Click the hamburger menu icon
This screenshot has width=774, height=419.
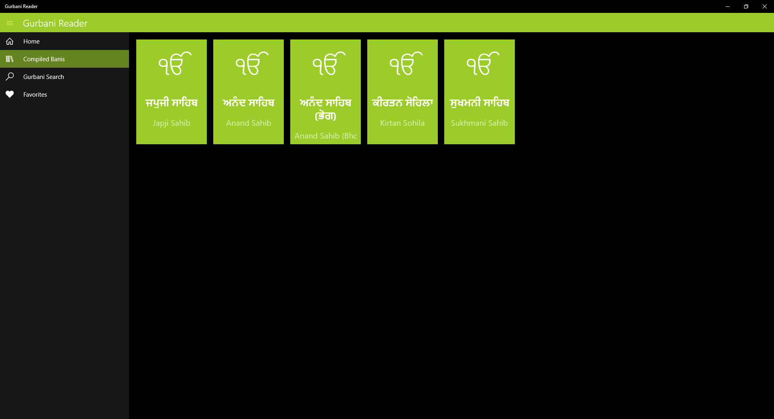click(x=10, y=23)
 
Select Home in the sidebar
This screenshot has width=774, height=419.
click(x=31, y=41)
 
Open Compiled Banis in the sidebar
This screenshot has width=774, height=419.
click(x=44, y=59)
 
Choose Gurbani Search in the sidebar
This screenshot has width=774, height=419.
click(x=44, y=77)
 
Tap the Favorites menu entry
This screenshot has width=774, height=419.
click(x=35, y=95)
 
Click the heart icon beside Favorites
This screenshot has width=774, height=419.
click(x=10, y=94)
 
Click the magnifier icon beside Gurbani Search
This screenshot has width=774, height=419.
click(x=10, y=77)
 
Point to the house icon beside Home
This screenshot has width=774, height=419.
click(x=10, y=41)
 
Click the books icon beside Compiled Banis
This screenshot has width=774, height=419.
click(x=10, y=59)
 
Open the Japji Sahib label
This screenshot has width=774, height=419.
click(x=171, y=123)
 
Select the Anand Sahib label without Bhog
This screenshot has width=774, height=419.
click(x=248, y=123)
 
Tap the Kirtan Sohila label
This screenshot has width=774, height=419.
click(x=402, y=123)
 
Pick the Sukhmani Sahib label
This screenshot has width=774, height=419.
click(x=479, y=123)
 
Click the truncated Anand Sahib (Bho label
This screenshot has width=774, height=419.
click(x=325, y=136)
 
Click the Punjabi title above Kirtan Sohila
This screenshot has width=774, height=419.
click(x=402, y=103)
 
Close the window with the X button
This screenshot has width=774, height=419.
click(x=764, y=6)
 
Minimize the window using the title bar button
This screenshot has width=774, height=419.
click(x=728, y=6)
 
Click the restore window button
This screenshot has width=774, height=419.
click(x=746, y=6)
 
